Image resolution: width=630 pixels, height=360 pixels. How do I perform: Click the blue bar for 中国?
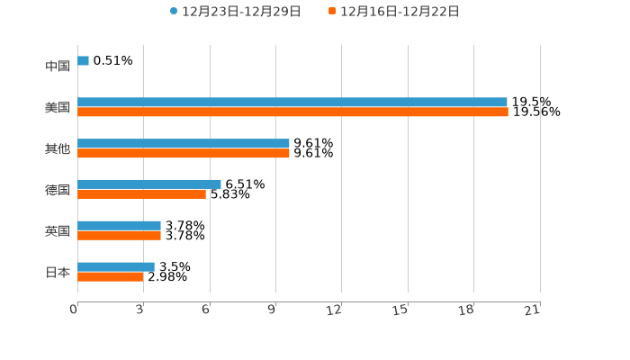tap(83, 61)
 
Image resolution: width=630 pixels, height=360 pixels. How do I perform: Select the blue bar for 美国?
tap(292, 103)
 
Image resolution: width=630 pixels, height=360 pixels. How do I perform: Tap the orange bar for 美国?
tap(292, 112)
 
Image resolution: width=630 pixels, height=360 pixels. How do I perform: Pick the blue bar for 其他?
tap(184, 144)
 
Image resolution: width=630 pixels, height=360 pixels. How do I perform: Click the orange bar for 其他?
tap(184, 154)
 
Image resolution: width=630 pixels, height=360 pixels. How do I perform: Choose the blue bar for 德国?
tap(149, 184)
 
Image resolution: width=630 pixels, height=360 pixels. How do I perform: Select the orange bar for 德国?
tap(141, 194)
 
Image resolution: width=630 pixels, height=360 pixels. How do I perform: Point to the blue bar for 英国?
tap(119, 226)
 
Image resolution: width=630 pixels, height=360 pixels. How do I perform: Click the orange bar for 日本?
tap(110, 277)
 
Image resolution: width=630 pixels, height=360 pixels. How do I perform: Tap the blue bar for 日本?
tap(116, 267)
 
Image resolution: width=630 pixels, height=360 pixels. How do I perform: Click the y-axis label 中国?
tap(58, 67)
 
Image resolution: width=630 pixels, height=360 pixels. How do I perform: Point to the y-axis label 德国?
tap(58, 190)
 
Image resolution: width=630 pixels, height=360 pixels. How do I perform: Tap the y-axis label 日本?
tap(58, 272)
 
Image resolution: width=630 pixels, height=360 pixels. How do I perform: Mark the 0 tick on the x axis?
tap(74, 310)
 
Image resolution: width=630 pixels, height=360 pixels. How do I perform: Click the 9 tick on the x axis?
tap(272, 310)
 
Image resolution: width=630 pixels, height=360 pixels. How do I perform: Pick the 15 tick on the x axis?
tap(400, 310)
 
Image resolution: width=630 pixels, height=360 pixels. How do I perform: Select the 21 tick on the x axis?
tap(533, 310)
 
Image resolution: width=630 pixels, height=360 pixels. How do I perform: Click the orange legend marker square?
tap(332, 12)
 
